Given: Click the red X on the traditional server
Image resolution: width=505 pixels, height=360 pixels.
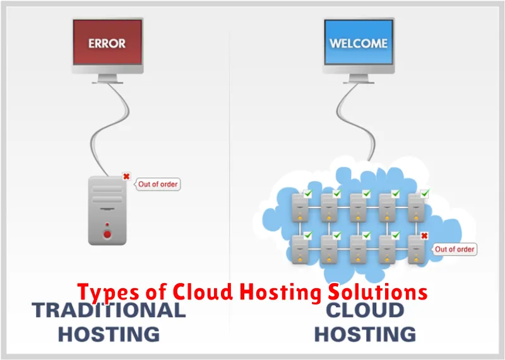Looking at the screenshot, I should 126,177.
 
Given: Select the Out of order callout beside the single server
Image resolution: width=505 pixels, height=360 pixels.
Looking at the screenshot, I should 158,185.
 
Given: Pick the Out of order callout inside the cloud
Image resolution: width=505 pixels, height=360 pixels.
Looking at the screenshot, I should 454,249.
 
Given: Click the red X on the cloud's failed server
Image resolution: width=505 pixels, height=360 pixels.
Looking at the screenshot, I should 425,236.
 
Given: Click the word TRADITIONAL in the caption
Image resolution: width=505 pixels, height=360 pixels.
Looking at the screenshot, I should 109,310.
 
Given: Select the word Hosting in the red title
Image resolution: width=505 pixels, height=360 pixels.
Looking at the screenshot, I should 282,293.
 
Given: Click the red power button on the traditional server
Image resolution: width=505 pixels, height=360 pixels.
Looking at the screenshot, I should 107,235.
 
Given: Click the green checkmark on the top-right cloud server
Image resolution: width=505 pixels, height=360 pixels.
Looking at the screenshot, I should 425,193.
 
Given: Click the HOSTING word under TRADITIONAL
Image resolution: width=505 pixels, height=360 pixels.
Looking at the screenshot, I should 109,334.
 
